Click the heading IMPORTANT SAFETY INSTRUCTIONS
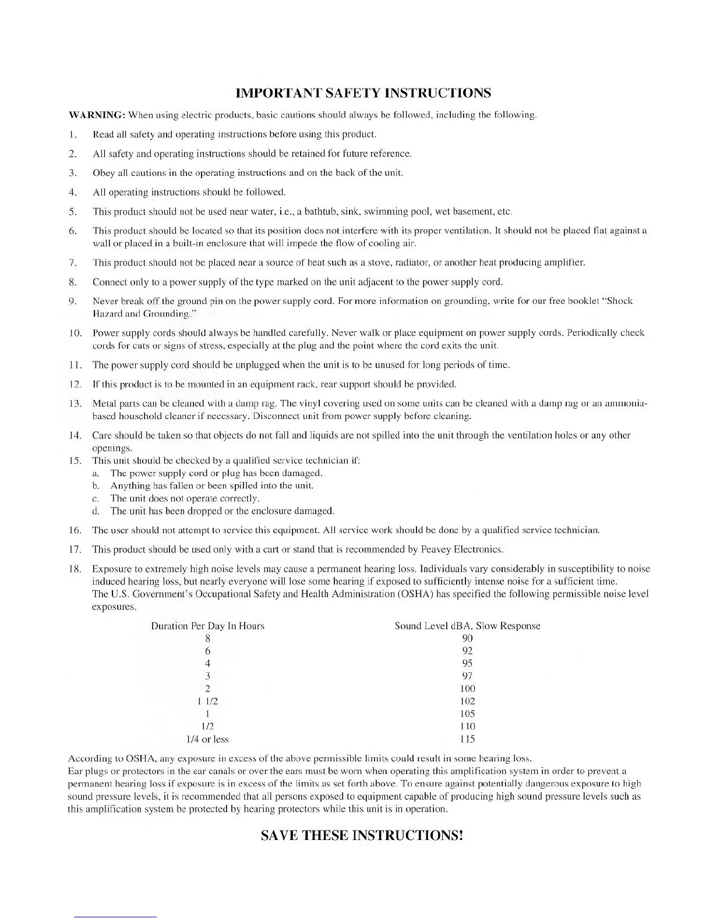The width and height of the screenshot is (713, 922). (363, 93)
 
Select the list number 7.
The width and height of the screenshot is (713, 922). (73, 263)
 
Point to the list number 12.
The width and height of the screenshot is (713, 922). (74, 384)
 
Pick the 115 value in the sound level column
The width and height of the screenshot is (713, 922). (467, 739)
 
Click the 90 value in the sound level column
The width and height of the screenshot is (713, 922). (467, 638)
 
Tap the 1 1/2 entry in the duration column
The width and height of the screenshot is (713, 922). (207, 701)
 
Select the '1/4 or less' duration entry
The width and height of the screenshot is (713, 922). (207, 739)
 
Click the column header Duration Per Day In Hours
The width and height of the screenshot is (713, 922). (207, 626)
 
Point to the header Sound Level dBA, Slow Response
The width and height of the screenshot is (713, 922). (467, 626)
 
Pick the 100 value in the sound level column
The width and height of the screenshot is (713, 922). (467, 689)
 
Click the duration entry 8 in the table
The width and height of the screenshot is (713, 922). (207, 638)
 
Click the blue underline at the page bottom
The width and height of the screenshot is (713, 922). (115, 917)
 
